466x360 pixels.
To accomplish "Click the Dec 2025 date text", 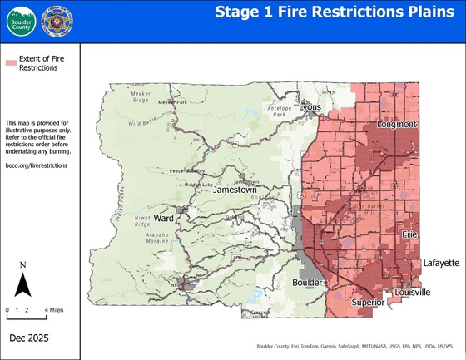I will [32, 339].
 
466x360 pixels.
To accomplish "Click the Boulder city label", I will [309, 284].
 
